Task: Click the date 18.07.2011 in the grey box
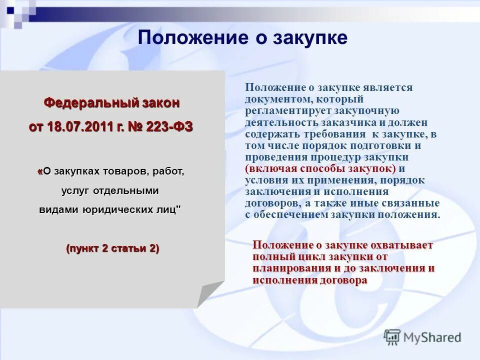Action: click(79, 127)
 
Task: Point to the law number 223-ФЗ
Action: click(169, 127)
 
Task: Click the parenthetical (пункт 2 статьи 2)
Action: click(112, 248)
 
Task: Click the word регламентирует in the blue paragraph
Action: click(279, 111)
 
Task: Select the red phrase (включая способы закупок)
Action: click(320, 168)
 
